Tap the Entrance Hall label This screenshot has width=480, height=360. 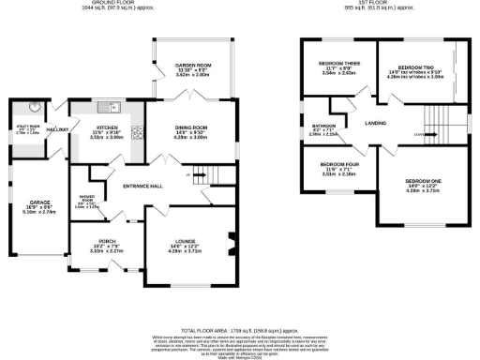[143, 187]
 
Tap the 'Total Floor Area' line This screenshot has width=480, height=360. [239, 329]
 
